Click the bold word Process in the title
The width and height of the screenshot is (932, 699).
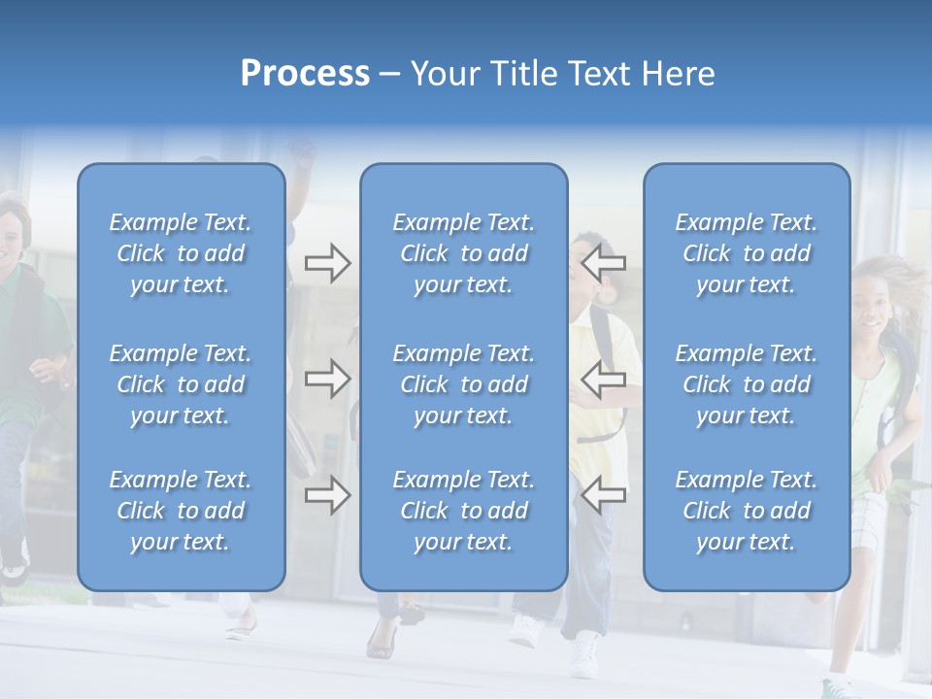click(x=305, y=74)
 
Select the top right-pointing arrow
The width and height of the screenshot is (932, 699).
click(x=327, y=263)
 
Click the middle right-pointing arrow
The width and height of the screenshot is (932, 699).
click(x=327, y=379)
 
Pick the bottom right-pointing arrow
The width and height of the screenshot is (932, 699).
click(x=327, y=495)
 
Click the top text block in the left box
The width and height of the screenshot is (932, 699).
click(x=181, y=253)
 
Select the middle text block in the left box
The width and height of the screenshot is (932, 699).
click(x=181, y=384)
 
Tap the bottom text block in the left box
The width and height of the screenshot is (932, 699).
click(x=181, y=511)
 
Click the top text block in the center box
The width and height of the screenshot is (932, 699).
click(x=463, y=253)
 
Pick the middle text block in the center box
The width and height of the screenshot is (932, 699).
click(x=463, y=384)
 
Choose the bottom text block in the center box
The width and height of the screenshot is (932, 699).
click(x=463, y=511)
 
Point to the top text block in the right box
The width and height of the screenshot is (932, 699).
click(x=746, y=253)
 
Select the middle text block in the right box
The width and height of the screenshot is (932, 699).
click(x=746, y=384)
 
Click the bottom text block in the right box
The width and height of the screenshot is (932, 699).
click(x=746, y=511)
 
